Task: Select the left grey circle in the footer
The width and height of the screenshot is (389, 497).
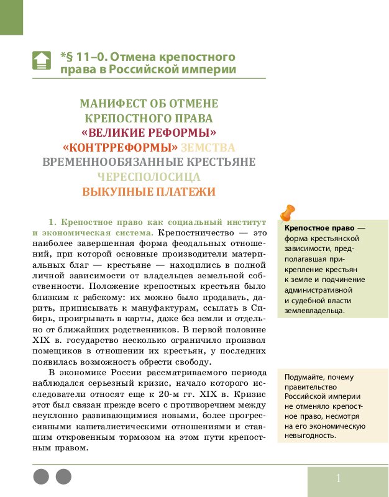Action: pyautogui.click(x=40, y=476)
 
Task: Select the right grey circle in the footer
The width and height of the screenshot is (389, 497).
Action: pyautogui.click(x=63, y=476)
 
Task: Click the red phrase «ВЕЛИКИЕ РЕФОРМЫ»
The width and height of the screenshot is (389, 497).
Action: pyautogui.click(x=149, y=133)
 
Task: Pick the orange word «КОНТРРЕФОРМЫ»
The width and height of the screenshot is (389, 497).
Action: pyautogui.click(x=116, y=148)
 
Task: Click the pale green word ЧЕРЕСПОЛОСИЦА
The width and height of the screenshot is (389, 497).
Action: pyautogui.click(x=149, y=177)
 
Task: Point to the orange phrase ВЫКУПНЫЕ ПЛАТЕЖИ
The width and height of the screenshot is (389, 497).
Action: pyautogui.click(x=149, y=192)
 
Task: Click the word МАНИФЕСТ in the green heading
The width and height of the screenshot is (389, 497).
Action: pyautogui.click(x=111, y=104)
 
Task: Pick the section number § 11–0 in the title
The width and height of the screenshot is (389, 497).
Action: pyautogui.click(x=87, y=57)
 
